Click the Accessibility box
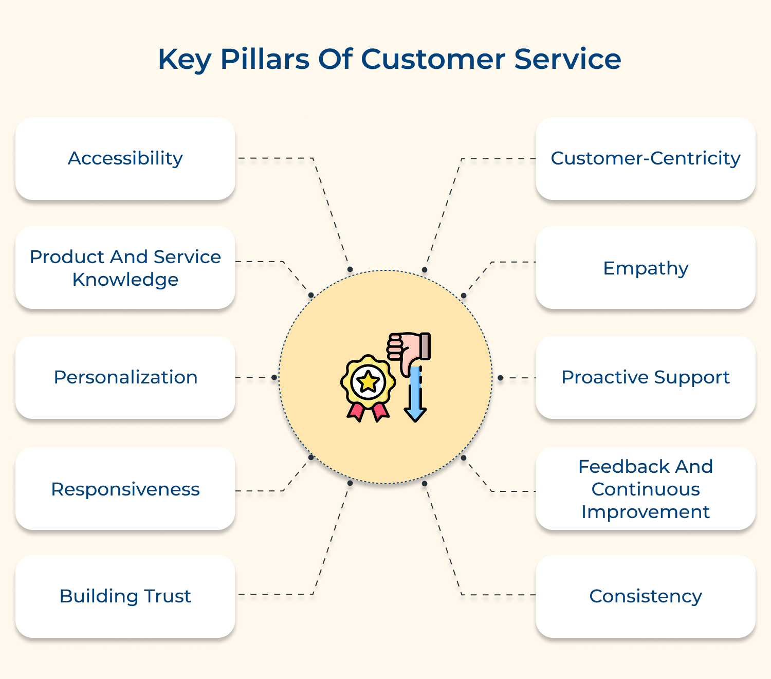click(x=125, y=158)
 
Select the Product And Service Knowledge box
click(x=125, y=268)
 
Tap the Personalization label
click(x=125, y=377)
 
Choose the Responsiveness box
click(x=125, y=489)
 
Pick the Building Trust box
click(x=125, y=596)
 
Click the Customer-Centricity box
click(x=646, y=158)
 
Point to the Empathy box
click(x=646, y=268)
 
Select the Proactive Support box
click(x=646, y=377)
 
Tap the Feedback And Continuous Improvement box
click(x=646, y=489)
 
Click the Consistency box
click(x=646, y=596)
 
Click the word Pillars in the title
click(x=265, y=59)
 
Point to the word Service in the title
click(x=567, y=59)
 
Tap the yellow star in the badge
click(x=369, y=382)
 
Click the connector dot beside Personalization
click(x=274, y=377)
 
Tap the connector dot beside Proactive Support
click(x=500, y=378)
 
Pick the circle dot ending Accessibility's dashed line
click(x=350, y=269)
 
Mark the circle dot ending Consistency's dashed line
click(x=425, y=483)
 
